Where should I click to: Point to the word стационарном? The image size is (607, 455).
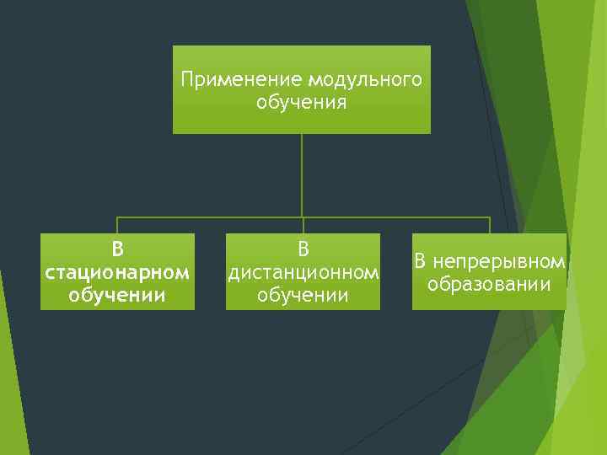(117, 273)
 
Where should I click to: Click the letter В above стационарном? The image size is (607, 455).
(117, 250)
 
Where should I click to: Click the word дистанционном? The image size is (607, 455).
(303, 273)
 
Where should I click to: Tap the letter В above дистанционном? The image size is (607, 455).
(303, 250)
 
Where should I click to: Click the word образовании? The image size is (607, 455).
(489, 284)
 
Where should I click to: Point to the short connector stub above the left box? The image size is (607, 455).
(117, 225)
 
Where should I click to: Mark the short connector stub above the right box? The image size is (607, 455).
(490, 225)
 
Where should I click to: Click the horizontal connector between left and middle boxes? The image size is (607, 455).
(211, 217)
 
